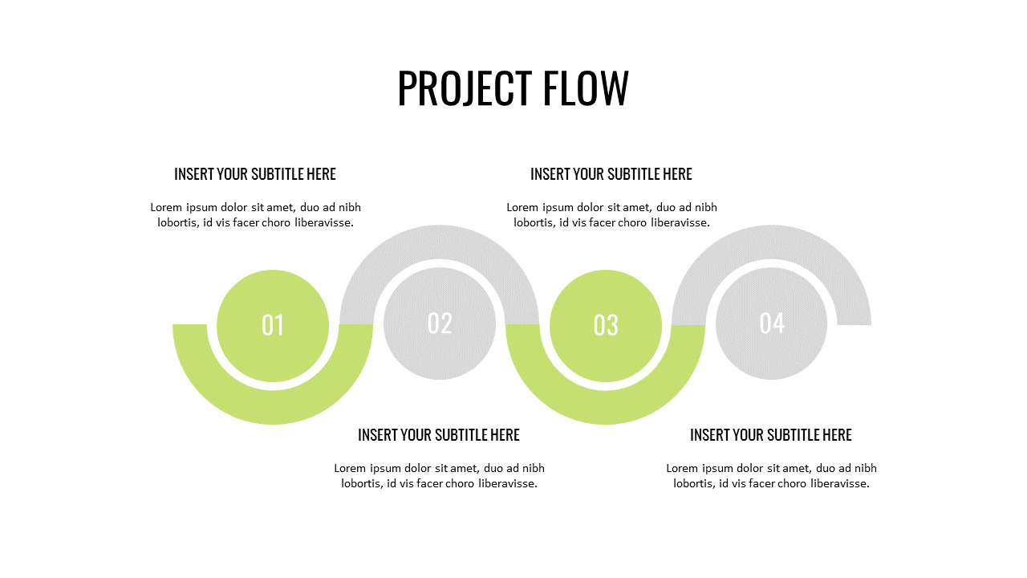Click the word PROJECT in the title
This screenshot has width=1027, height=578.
coord(465,88)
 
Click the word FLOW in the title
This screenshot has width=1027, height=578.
coord(586,88)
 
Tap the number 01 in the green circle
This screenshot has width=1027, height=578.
coord(273,325)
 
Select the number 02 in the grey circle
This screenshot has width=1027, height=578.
coord(440,324)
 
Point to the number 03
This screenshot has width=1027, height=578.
coord(606,325)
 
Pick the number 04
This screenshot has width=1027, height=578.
coord(772,324)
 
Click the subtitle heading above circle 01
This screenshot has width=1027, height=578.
coord(255,174)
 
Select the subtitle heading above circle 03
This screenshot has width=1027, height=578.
coord(611,174)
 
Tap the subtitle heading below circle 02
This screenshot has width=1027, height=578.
coord(439,435)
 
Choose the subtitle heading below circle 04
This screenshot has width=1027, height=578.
coord(771,435)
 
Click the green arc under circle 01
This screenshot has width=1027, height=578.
coord(273,407)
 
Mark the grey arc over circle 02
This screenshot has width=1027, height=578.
coord(439,242)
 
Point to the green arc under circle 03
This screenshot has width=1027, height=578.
coord(605,407)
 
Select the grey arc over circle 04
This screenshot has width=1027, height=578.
coord(771,242)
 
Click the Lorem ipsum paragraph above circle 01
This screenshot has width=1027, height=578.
coord(255,215)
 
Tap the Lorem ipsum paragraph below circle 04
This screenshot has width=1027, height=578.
coord(771,476)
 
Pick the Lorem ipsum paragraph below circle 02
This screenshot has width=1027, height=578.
coord(439,476)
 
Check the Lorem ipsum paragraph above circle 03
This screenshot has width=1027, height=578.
coord(611,215)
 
